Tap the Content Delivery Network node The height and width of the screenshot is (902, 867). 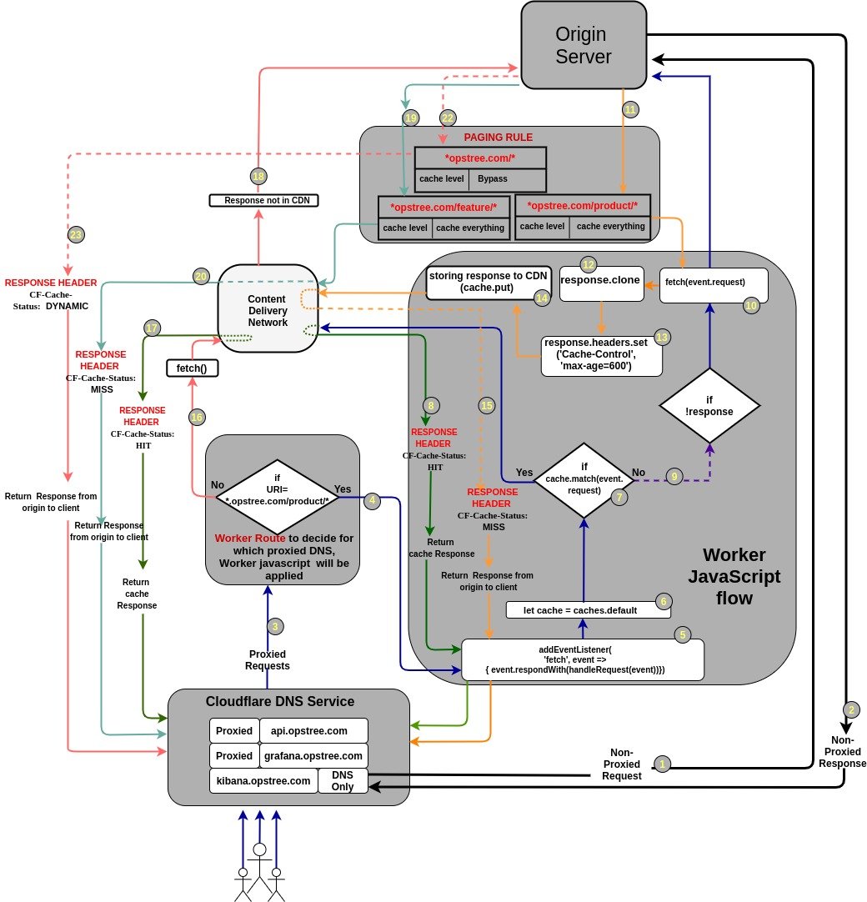268,310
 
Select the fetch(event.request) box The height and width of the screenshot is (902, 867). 713,284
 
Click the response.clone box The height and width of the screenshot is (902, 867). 600,282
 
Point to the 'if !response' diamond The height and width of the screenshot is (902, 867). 709,406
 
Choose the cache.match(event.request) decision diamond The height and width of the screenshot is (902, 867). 584,479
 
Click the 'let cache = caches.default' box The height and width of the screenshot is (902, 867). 589,609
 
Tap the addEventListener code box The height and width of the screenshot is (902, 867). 582,659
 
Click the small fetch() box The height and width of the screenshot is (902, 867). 192,368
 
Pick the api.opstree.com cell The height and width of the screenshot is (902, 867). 313,731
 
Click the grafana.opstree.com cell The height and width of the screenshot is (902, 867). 313,756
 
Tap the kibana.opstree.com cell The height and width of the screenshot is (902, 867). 263,781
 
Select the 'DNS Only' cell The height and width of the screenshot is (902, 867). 343,781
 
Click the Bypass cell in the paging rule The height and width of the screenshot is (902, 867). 492,179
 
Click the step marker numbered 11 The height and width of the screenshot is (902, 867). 630,109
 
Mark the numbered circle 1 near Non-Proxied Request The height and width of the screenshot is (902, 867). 663,763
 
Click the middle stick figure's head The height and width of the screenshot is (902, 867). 260,849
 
